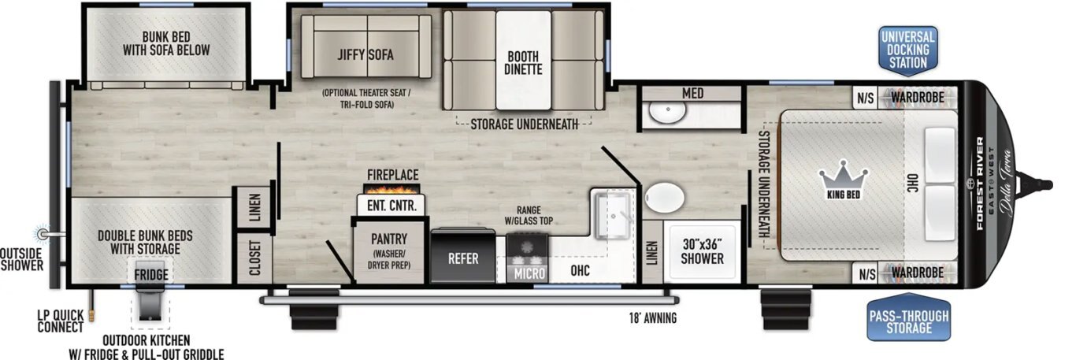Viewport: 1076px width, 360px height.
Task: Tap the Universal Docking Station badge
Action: [907, 50]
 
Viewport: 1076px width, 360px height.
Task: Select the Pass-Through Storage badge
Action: [908, 321]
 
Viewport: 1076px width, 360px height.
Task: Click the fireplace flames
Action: [391, 189]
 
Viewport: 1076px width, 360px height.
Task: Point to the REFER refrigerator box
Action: [463, 258]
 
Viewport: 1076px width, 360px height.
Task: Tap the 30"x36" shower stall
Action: [702, 251]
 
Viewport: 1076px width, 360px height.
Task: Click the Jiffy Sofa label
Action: [365, 55]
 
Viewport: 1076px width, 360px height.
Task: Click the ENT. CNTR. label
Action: [391, 205]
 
